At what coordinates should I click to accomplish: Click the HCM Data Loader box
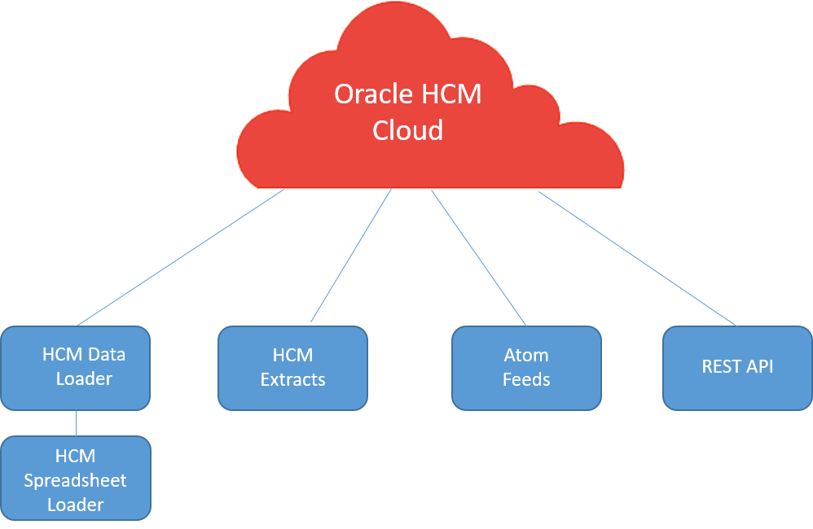click(75, 368)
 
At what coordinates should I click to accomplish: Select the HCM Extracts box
click(292, 368)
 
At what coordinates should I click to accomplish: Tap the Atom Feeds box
click(526, 368)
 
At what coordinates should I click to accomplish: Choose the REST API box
click(737, 368)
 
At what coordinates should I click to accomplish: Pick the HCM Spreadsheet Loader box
click(75, 479)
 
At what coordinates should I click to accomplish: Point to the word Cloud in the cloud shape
click(407, 130)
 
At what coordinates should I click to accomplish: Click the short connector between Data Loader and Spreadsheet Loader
click(76, 423)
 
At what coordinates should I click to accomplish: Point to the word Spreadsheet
click(75, 480)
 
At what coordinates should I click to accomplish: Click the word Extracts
click(292, 380)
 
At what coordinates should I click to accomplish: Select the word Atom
click(526, 356)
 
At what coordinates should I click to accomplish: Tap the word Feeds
click(526, 380)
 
